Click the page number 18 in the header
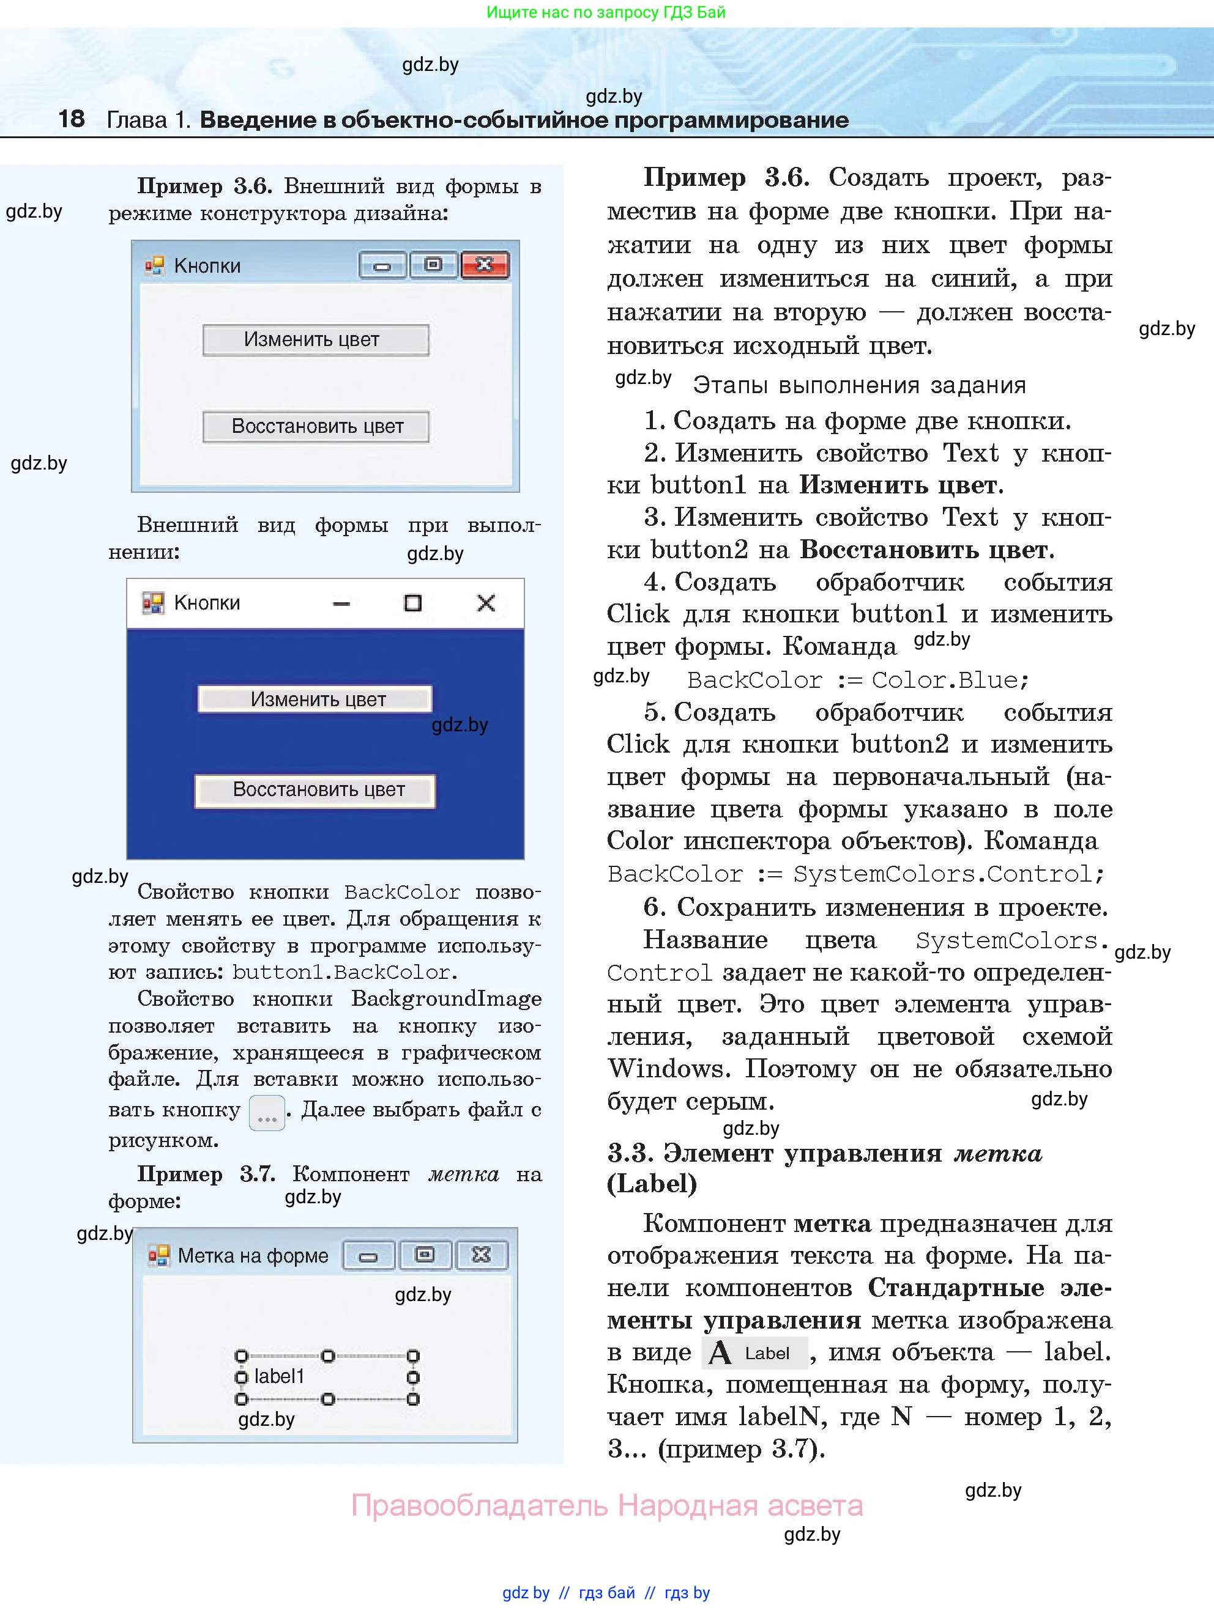pyautogui.click(x=71, y=119)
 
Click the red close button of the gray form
pyautogui.click(x=485, y=265)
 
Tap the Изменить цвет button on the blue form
pyautogui.click(x=315, y=699)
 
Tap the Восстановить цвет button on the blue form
pyautogui.click(x=315, y=790)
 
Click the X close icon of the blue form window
pyautogui.click(x=486, y=603)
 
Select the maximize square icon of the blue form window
pyautogui.click(x=412, y=603)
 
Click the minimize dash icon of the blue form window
pyautogui.click(x=341, y=603)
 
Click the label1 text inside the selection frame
pyautogui.click(x=278, y=1376)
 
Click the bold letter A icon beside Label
pyautogui.click(x=720, y=1354)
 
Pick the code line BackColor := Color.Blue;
pyautogui.click(x=858, y=680)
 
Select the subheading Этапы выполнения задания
pyautogui.click(x=858, y=385)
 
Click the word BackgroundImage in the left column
pyautogui.click(x=446, y=999)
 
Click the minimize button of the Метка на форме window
pyautogui.click(x=369, y=1255)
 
